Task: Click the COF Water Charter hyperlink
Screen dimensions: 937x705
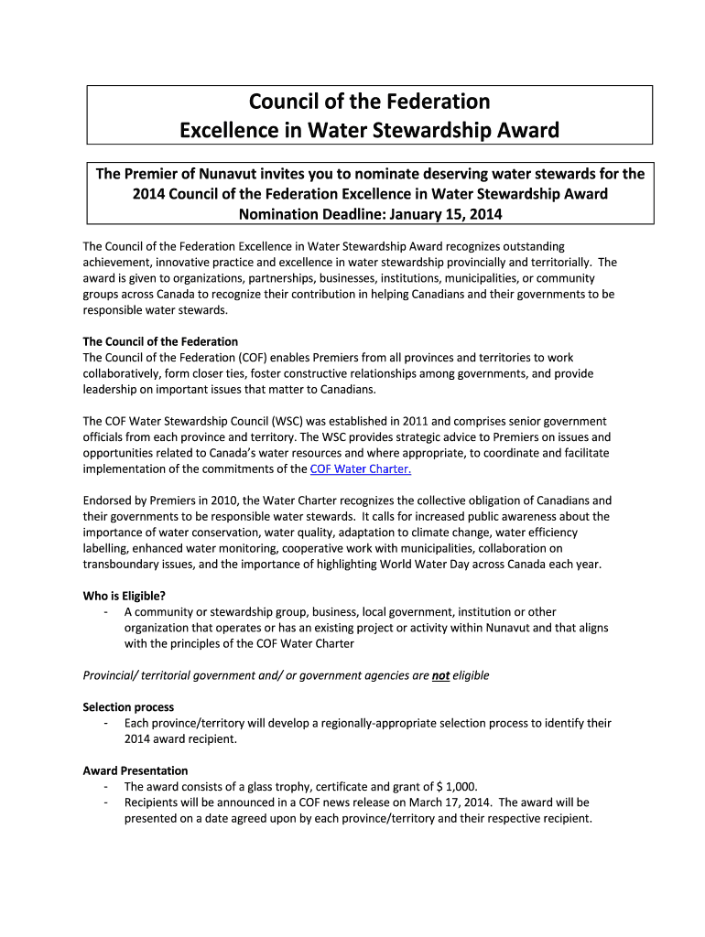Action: [362, 468]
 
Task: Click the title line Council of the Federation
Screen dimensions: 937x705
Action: [369, 101]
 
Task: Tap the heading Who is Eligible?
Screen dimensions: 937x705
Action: [125, 596]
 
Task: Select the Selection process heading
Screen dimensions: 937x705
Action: [128, 707]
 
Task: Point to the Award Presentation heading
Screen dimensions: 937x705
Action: [136, 770]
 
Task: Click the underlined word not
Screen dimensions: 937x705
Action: [440, 675]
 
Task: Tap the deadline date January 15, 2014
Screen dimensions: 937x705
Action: [447, 214]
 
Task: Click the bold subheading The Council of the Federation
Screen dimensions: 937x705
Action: [160, 341]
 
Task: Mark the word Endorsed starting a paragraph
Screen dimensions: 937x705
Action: [107, 501]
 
